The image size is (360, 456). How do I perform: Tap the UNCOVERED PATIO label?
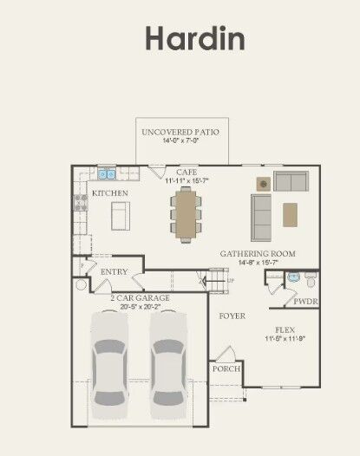[180, 132]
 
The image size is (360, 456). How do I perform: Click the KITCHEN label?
[109, 192]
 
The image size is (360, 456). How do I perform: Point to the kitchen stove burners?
[81, 203]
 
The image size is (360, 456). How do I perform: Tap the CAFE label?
[186, 173]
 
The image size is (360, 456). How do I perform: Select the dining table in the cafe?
[186, 213]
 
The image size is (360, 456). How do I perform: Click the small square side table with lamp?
[262, 183]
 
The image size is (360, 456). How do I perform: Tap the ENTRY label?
[114, 271]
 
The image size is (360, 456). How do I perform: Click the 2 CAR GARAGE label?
[139, 297]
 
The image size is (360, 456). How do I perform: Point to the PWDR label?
[304, 303]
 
